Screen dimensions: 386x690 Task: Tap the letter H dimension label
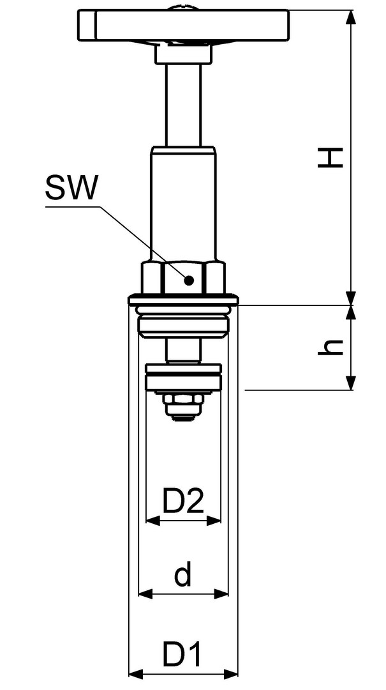[330, 158]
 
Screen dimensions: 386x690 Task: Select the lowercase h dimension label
[330, 348]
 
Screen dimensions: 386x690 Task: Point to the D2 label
[183, 501]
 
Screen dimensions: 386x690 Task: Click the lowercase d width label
[183, 576]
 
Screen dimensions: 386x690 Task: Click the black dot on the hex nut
[189, 280]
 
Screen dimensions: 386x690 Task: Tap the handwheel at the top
[183, 25]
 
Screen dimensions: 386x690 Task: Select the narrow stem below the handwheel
[183, 105]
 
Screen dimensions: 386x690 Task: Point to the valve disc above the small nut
[183, 377]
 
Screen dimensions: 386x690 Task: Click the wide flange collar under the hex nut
[183, 300]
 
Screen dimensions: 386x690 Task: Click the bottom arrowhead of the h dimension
[350, 382]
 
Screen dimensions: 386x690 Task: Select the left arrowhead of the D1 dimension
[137, 673]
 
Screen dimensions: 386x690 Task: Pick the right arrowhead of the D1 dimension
[230, 673]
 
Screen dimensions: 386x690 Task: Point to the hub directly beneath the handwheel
[183, 54]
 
